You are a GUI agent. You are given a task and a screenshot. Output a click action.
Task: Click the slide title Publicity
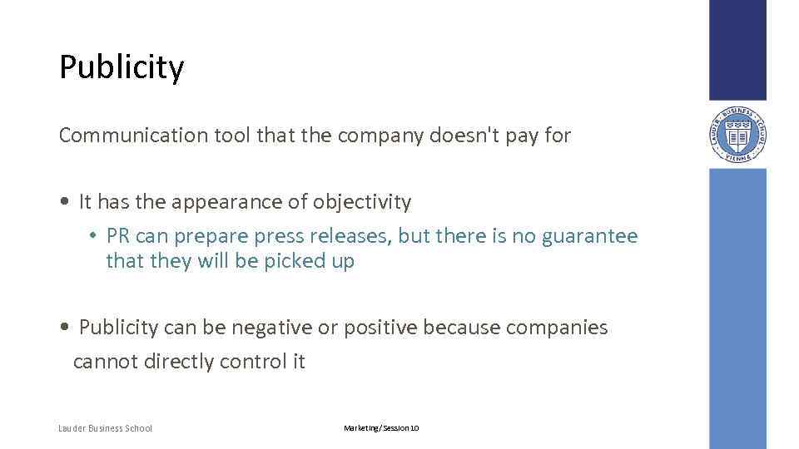point(122,67)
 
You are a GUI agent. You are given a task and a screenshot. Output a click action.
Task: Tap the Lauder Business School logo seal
point(737,135)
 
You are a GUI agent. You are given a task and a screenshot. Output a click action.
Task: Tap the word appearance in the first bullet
point(209,201)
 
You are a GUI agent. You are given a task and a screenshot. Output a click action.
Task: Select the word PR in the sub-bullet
point(118,236)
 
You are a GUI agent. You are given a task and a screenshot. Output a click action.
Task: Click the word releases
point(350,236)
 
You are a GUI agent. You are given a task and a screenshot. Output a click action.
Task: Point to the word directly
point(179,362)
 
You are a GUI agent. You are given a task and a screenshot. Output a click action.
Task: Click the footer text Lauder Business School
point(106,428)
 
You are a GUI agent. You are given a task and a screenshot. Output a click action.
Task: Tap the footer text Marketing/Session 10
point(381,428)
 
